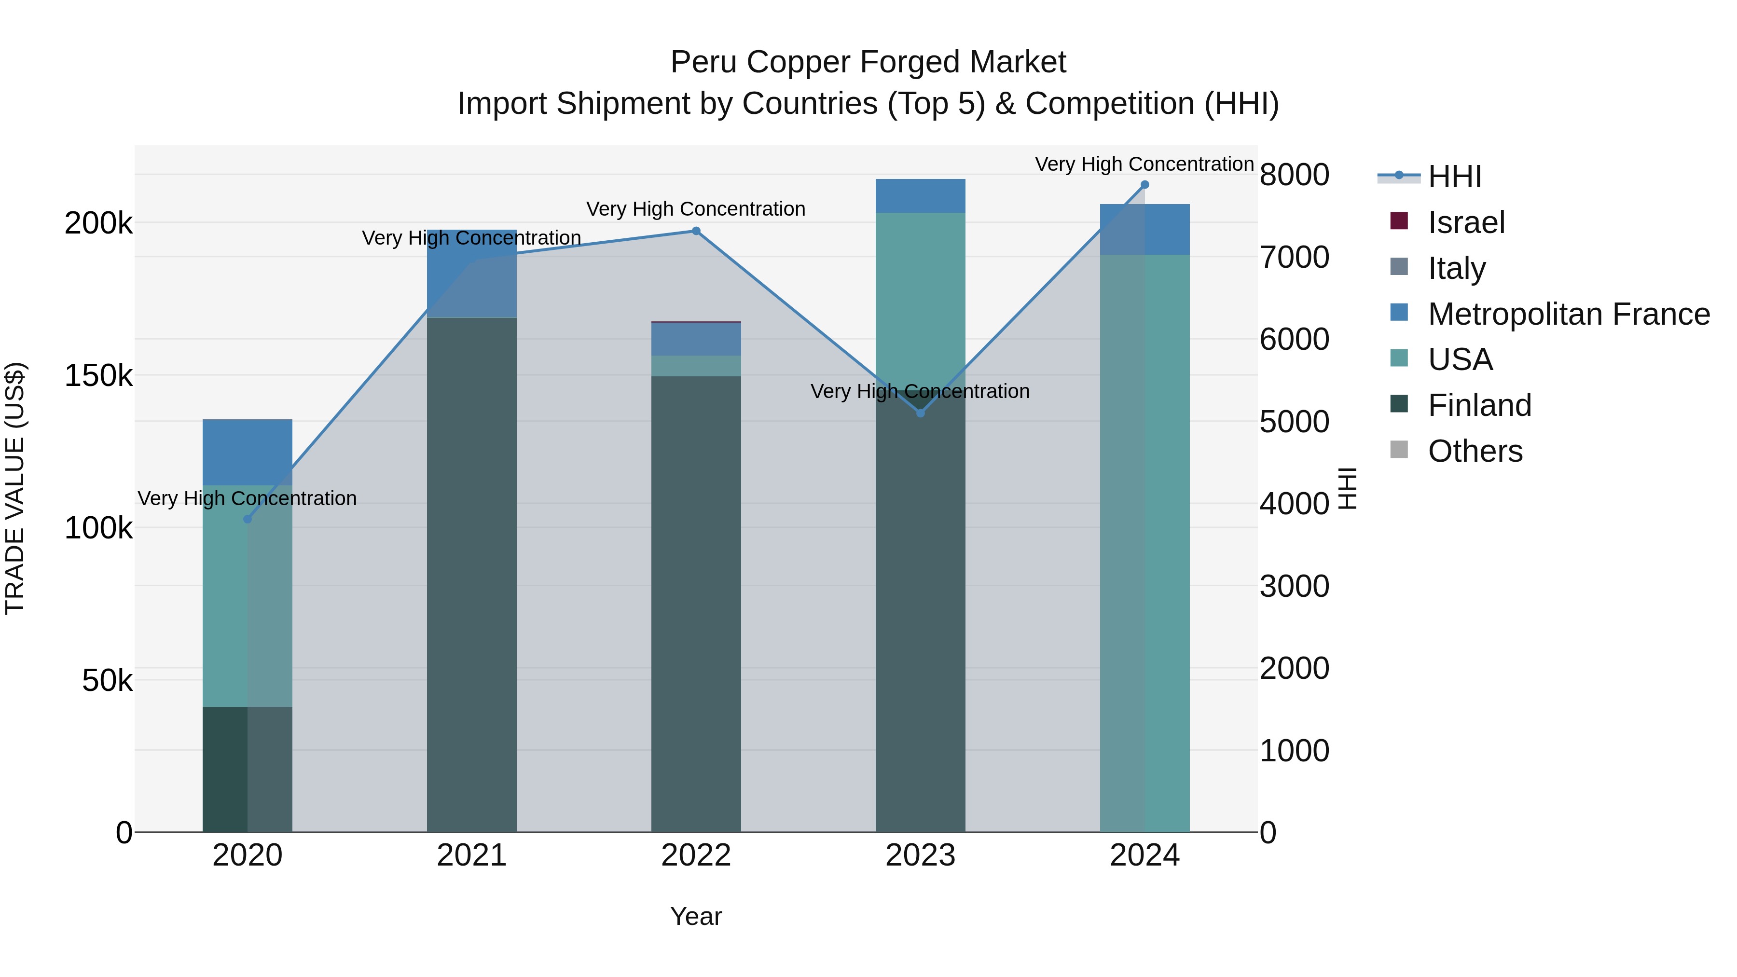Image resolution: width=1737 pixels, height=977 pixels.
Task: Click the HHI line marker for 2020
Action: (248, 519)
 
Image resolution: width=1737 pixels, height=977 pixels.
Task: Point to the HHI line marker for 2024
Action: (1145, 185)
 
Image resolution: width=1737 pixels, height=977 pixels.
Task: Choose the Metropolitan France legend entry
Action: (1569, 314)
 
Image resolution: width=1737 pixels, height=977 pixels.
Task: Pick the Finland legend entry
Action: (1479, 405)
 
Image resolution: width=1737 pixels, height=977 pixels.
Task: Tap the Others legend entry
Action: (1475, 451)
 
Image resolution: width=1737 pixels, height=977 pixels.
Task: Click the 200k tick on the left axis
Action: (98, 223)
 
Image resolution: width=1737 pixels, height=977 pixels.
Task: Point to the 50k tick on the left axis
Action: (107, 681)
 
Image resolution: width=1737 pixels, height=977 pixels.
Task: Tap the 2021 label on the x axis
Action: (471, 855)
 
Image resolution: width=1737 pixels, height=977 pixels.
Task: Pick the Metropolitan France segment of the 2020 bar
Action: (248, 452)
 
